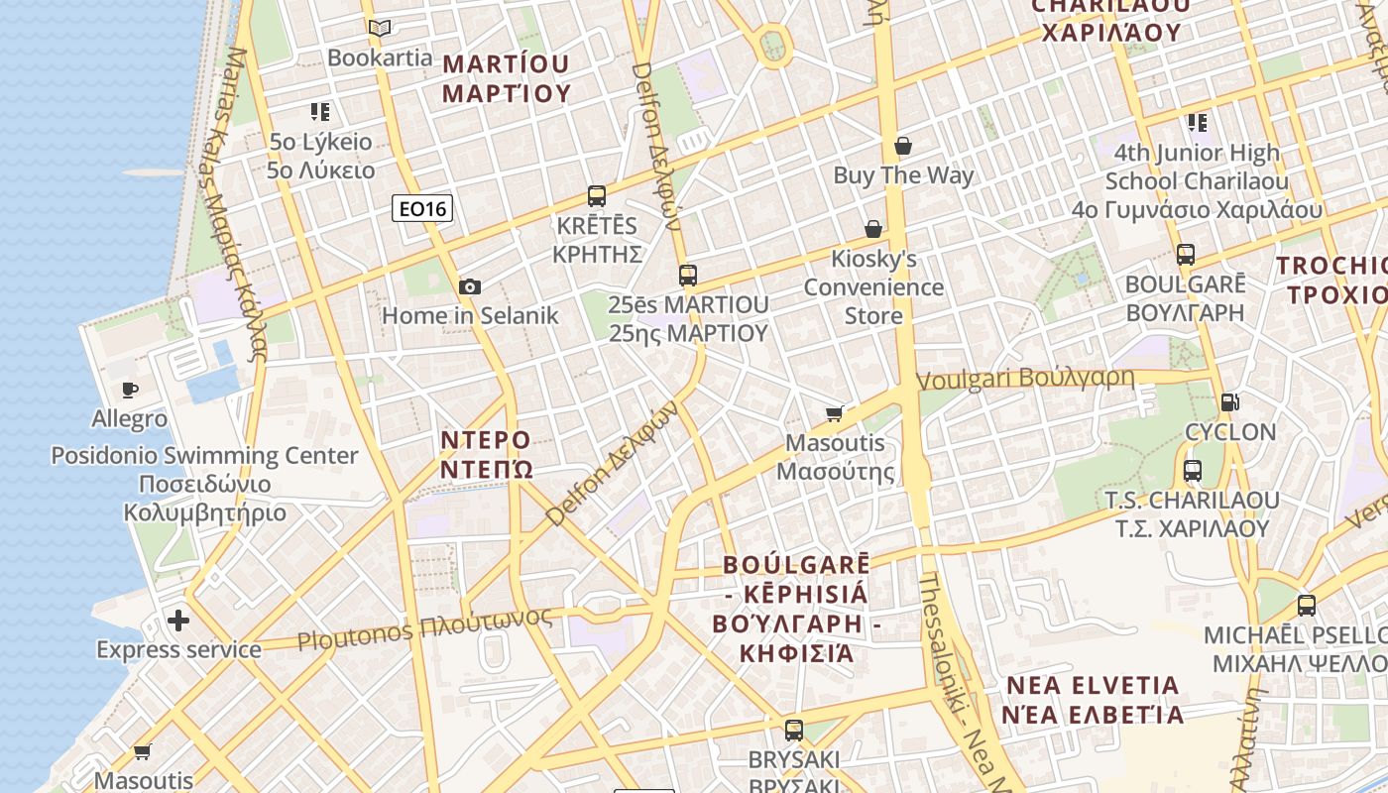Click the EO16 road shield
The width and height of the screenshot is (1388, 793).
coord(423,208)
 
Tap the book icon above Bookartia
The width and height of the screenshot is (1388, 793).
coord(380,28)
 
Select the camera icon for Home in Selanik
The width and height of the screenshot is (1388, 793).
coord(470,286)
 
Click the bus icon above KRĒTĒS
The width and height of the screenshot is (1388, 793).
coord(596,196)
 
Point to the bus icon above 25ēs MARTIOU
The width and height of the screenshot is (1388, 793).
coord(688,275)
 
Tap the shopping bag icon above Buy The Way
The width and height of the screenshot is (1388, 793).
coord(902,146)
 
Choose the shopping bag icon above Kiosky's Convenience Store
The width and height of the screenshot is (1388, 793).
coord(873,229)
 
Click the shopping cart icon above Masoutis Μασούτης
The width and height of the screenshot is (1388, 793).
coord(835,412)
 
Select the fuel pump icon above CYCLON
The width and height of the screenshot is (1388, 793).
coord(1230,401)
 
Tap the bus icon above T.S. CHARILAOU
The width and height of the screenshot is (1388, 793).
coord(1193,470)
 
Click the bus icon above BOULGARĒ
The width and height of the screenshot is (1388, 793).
coord(1186,254)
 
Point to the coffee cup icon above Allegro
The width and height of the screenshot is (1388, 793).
coord(129,390)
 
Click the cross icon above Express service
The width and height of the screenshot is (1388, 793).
coord(178,621)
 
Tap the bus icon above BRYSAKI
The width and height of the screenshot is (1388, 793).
coord(793,731)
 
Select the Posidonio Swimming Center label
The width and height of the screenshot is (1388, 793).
coord(204,484)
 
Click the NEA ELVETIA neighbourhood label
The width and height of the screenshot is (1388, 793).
coord(1093,699)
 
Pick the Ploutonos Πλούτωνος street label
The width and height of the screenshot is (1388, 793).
coord(425,629)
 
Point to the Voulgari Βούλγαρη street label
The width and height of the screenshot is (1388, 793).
coord(1025,379)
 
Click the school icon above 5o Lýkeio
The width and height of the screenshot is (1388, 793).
coord(319,111)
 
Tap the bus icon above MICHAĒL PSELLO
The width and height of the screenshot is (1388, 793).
coord(1307,605)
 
